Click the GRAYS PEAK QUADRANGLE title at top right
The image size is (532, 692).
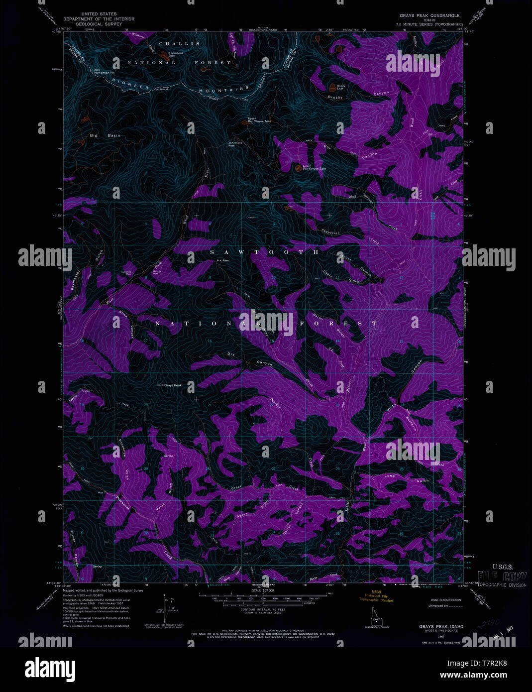(x=429, y=15)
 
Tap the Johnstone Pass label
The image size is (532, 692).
(x=235, y=144)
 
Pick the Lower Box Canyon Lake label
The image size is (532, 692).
(x=314, y=168)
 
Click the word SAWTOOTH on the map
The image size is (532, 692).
(x=264, y=252)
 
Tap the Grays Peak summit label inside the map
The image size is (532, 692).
(x=173, y=385)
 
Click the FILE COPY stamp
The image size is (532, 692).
(x=502, y=577)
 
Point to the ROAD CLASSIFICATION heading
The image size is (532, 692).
(x=445, y=600)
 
